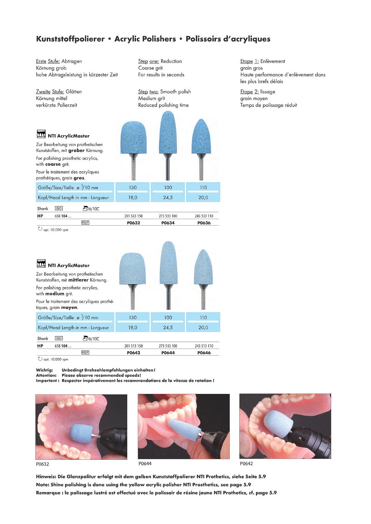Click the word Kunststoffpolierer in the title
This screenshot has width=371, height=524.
click(x=70, y=39)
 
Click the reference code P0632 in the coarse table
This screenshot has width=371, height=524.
click(x=133, y=223)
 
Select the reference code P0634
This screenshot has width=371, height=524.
click(x=168, y=223)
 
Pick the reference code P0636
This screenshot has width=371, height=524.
click(x=204, y=223)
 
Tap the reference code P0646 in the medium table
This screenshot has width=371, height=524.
click(x=204, y=353)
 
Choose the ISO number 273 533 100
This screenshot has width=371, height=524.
click(x=168, y=216)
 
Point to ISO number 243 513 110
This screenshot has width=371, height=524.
click(x=204, y=346)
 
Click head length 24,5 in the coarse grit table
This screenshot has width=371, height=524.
click(x=168, y=198)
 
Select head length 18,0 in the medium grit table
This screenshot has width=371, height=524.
click(x=133, y=328)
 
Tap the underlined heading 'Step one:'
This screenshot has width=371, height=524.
click(x=149, y=61)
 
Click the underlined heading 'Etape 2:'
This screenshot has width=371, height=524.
click(x=249, y=92)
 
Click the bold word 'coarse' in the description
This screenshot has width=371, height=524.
click(x=53, y=164)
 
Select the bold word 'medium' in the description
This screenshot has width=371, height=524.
click(x=55, y=294)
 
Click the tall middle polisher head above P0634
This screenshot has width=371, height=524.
click(x=167, y=133)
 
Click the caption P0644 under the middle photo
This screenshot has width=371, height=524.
click(x=145, y=464)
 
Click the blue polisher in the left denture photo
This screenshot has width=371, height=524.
click(x=81, y=434)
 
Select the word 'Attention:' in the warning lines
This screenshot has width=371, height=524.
click(x=46, y=376)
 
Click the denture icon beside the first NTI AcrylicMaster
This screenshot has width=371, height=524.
click(x=41, y=134)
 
